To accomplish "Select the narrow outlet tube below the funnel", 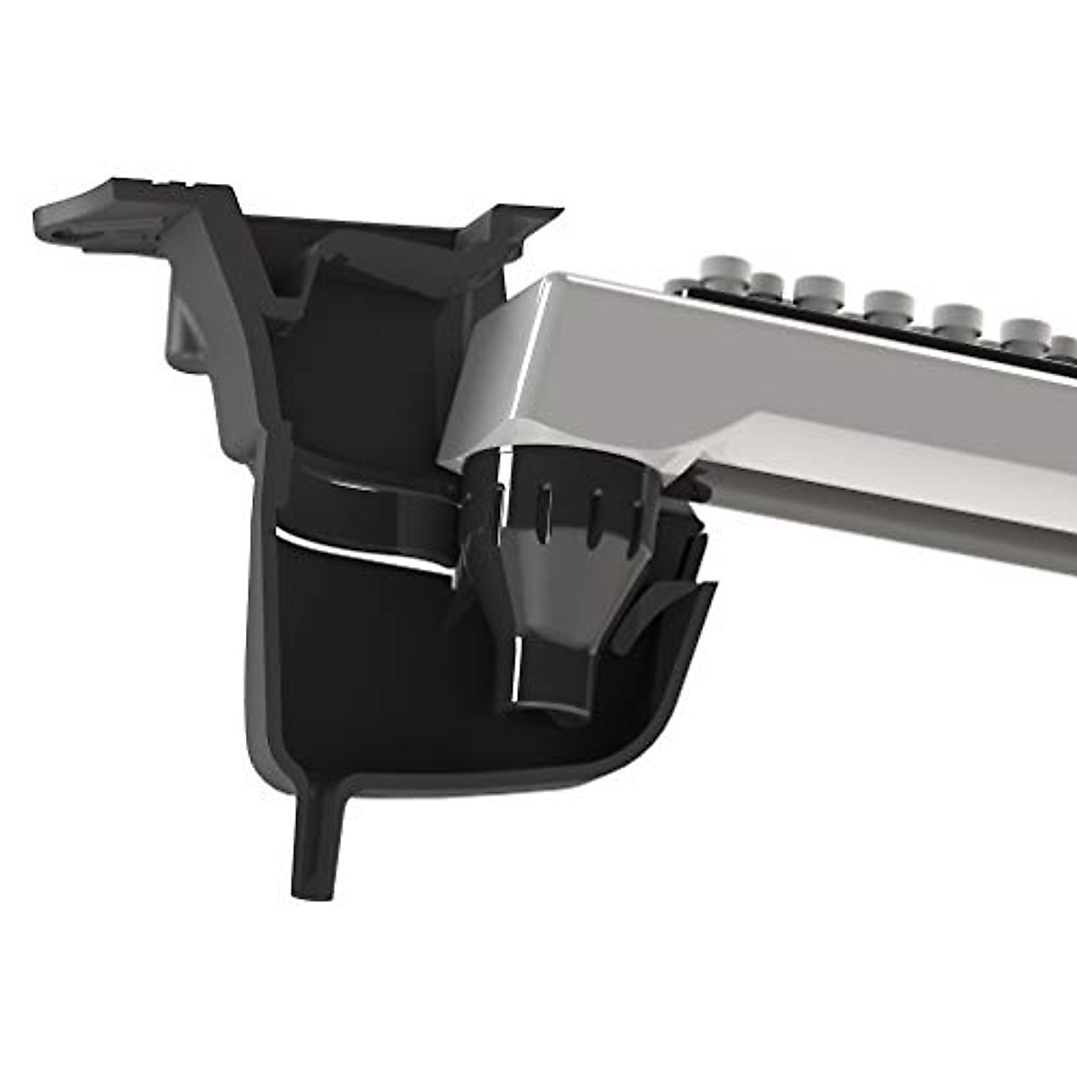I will tap(547, 678).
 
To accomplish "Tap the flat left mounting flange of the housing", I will tap(99, 215).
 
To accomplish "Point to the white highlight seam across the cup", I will tap(359, 547).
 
